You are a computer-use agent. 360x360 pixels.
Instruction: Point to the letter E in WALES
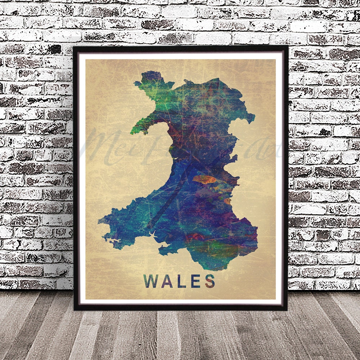pos(195,281)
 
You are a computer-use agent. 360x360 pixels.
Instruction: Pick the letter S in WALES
pos(210,281)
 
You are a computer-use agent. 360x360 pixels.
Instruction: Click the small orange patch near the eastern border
pos(227,201)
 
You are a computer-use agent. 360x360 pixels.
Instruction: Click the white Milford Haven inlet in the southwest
pos(114,240)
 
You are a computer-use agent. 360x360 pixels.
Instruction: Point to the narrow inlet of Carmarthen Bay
pos(153,236)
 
